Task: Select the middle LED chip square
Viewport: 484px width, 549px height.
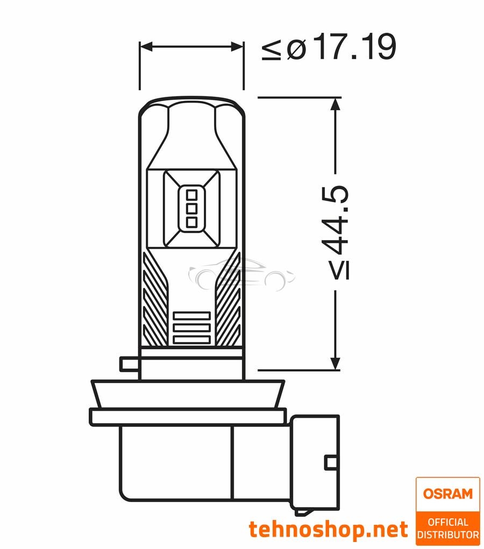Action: pos(191,208)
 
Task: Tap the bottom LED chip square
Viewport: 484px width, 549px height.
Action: pos(191,221)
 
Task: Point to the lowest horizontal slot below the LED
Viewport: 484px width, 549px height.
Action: pos(191,340)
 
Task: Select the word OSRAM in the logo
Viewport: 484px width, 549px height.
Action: pos(447,494)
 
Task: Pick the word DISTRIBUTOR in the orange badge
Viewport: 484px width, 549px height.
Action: pos(448,535)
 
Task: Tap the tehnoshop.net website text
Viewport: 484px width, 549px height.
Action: pos(328,530)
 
